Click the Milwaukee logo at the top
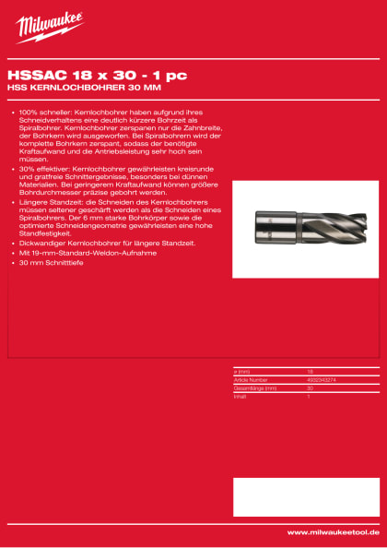(49, 27)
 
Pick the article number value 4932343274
(320, 378)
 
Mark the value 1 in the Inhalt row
(308, 396)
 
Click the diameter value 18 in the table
(310, 371)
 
